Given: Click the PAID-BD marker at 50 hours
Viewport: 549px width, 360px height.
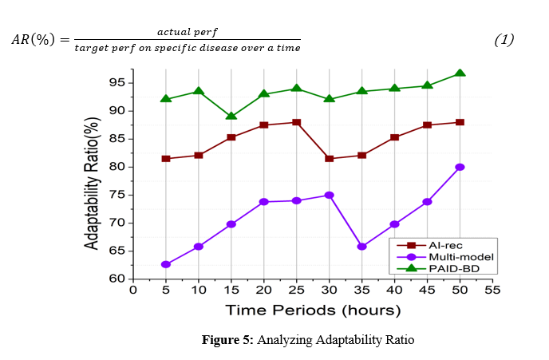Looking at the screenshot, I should tap(460, 73).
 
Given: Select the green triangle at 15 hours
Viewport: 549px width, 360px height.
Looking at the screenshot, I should tap(231, 116).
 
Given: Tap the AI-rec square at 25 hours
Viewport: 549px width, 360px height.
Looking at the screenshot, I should tap(297, 122).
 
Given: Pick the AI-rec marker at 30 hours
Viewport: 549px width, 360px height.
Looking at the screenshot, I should tap(330, 158).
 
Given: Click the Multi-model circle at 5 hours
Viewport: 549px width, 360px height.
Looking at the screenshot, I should tap(166, 264).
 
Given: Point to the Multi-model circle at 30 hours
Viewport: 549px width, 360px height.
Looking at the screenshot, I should tap(330, 195).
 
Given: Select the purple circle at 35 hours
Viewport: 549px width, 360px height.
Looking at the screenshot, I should tap(362, 247).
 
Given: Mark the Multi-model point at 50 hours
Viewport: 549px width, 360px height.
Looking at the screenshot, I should tap(460, 167).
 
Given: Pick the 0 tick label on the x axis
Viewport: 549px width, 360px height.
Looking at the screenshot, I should tap(133, 290).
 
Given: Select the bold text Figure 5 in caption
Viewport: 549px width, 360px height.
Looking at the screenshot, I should tap(227, 341).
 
